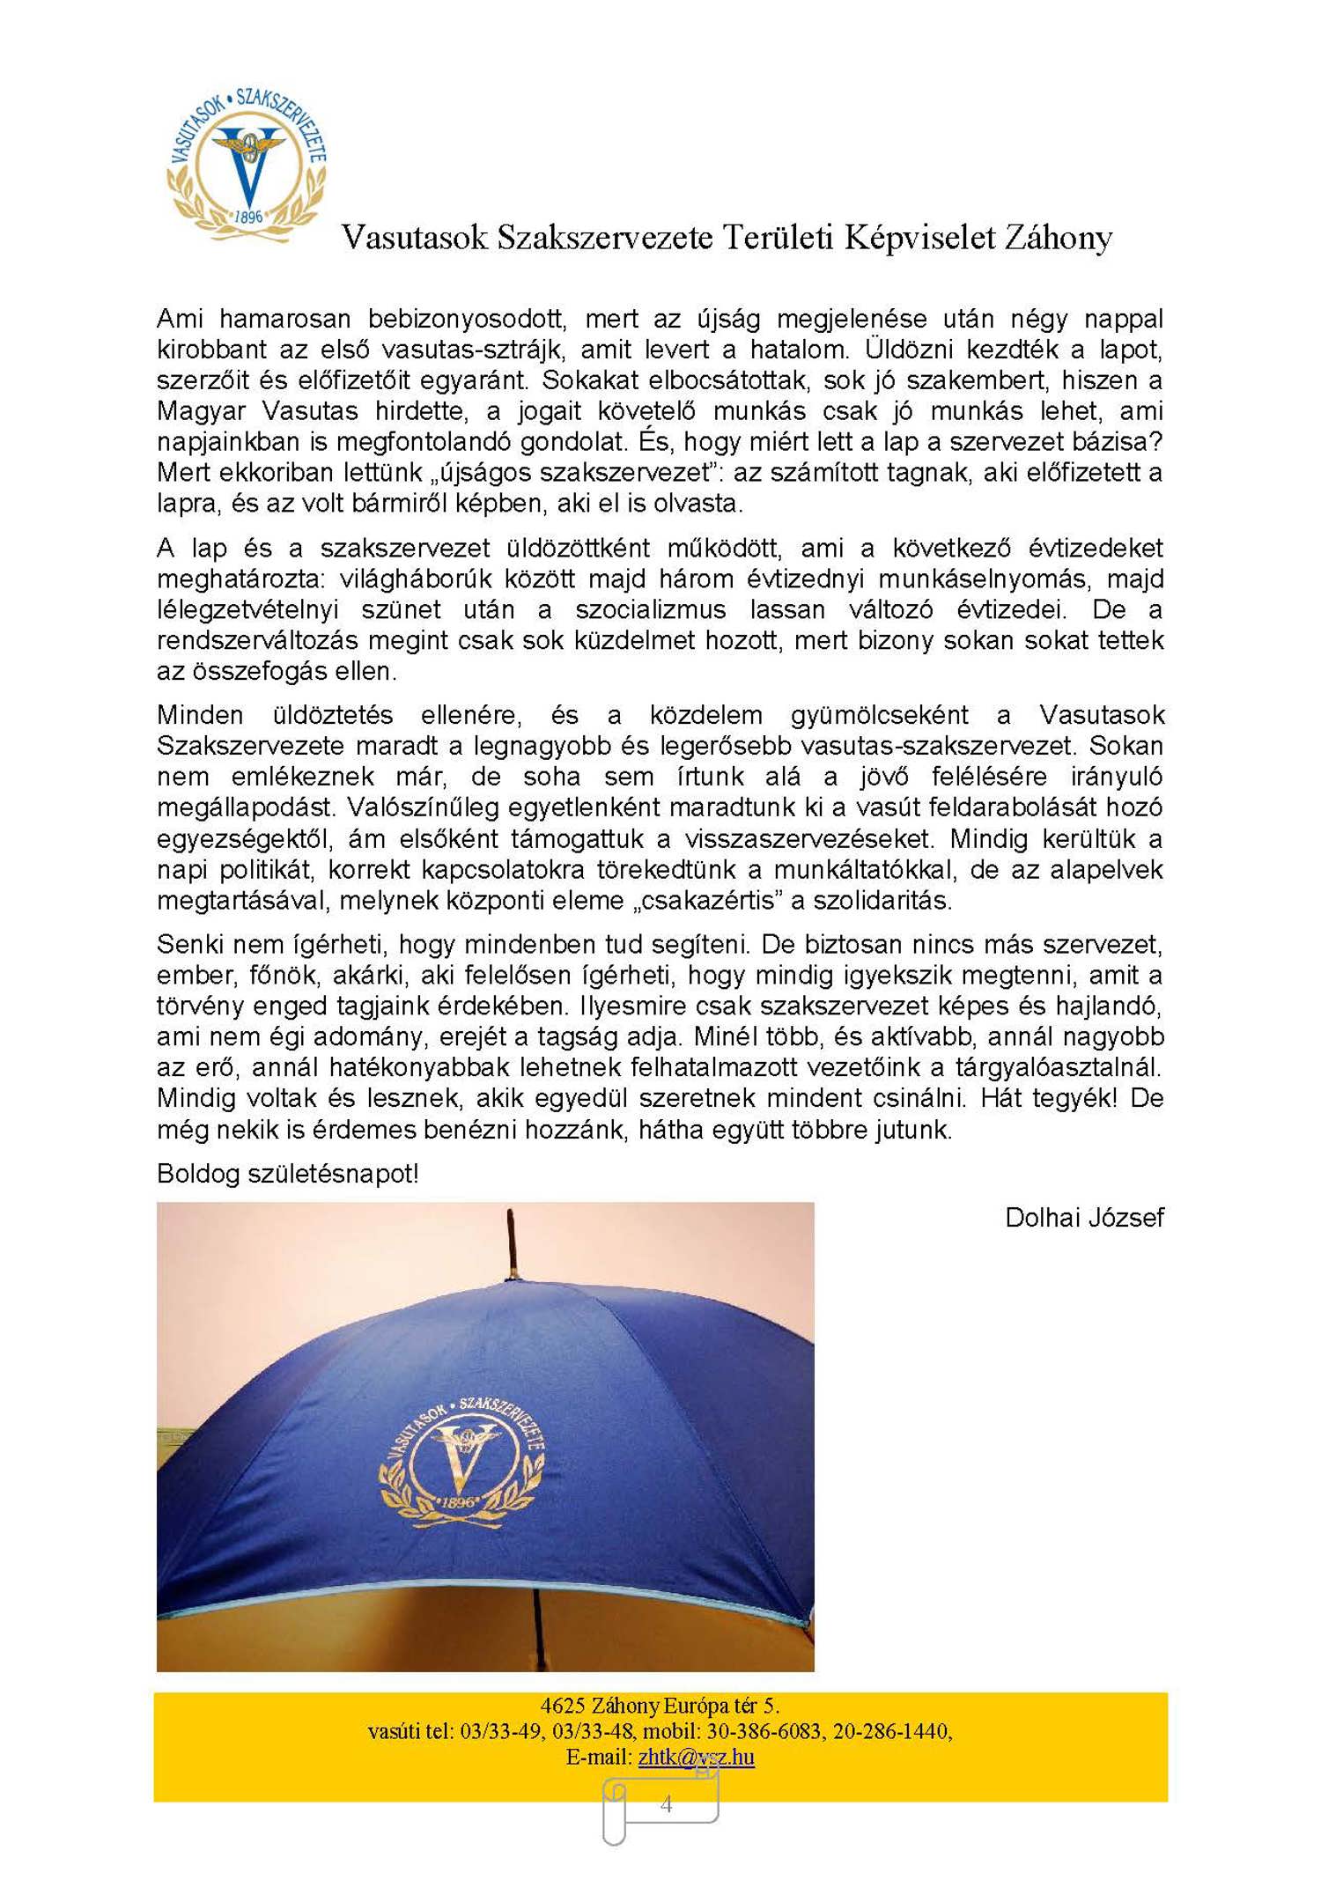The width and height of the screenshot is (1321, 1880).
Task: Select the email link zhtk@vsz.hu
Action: click(696, 1757)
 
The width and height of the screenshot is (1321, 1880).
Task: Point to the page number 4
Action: click(666, 1803)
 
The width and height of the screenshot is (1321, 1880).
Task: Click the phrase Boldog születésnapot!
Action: click(287, 1174)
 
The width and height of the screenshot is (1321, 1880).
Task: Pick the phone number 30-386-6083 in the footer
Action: click(751, 1731)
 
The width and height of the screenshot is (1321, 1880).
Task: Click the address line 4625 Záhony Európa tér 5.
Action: click(660, 1706)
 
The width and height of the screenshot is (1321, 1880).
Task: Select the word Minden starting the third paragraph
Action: click(200, 715)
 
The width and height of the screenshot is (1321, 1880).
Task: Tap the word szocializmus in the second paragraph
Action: click(651, 609)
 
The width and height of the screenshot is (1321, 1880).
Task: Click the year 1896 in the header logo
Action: click(248, 216)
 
